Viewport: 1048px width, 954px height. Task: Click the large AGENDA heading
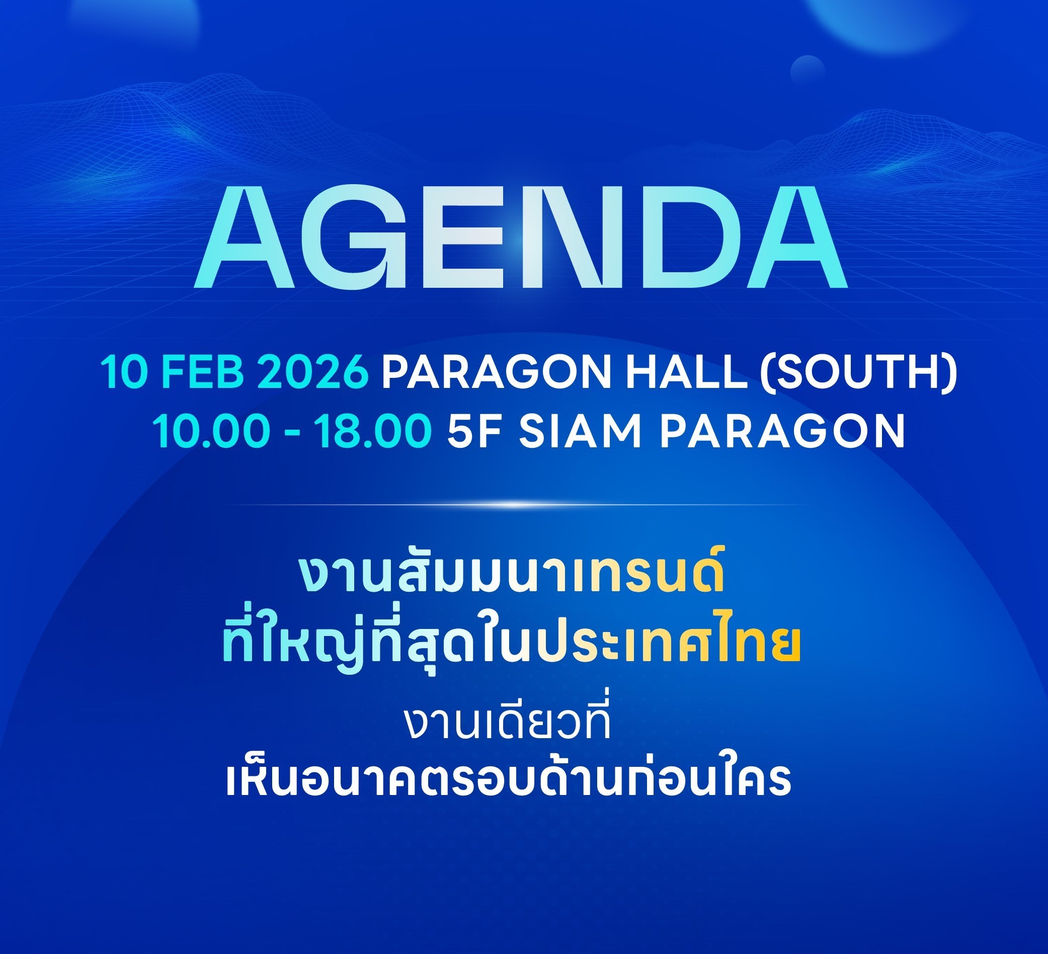point(520,237)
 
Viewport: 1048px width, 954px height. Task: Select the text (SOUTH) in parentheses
point(858,373)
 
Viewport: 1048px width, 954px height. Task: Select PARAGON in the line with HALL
point(497,372)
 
